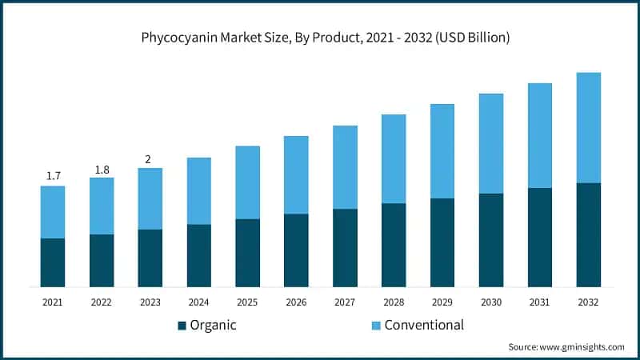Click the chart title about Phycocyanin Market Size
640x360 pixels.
320,38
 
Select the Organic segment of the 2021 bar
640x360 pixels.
53,262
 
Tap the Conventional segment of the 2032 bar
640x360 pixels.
589,128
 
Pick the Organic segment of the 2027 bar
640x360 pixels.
345,248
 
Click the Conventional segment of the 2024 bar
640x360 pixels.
199,190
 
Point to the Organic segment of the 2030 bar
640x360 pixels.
491,240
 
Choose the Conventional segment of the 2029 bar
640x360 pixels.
442,151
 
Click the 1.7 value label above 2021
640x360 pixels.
53,176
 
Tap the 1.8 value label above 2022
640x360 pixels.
102,169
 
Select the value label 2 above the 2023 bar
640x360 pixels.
148,159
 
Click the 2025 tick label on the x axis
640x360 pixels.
247,302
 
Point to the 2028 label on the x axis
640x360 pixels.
394,302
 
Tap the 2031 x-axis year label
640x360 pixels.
540,302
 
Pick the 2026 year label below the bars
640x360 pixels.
296,302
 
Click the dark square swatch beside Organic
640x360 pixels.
182,326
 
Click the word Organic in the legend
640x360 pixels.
214,325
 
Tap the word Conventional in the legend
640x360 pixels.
424,325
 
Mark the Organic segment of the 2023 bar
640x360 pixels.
150,258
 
